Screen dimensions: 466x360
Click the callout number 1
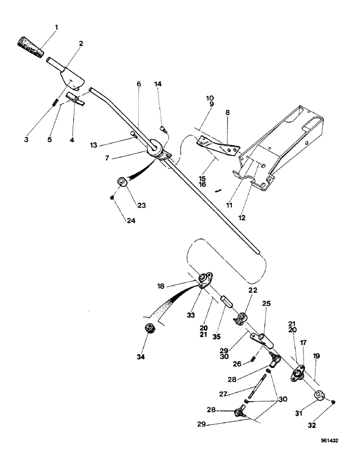coord(56,27)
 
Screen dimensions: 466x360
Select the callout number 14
coord(159,84)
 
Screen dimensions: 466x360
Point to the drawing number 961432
coord(332,452)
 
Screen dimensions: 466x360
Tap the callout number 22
coord(252,291)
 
